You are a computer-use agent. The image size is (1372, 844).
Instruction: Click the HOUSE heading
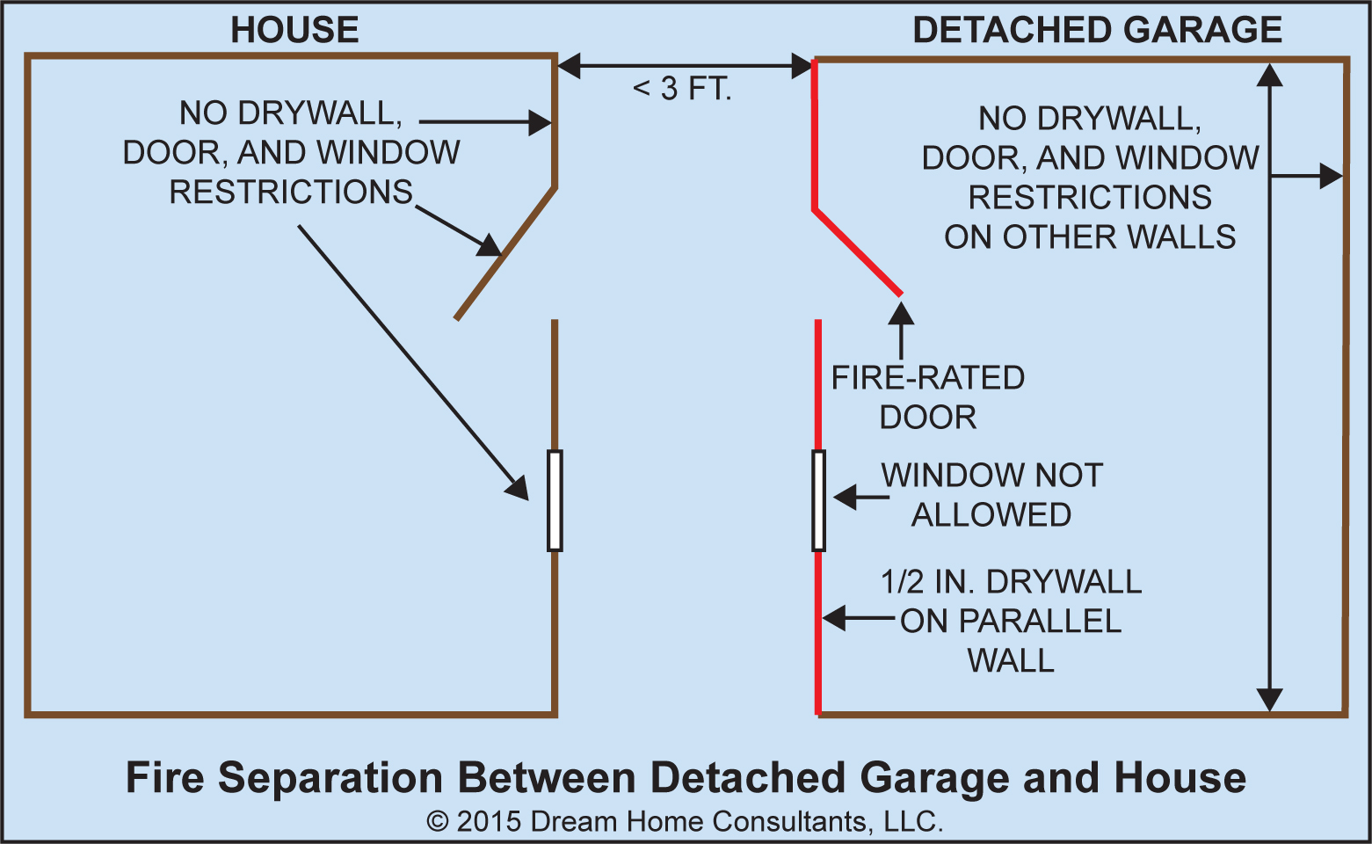pos(294,30)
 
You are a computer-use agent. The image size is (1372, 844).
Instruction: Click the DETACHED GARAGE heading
pos(1097,30)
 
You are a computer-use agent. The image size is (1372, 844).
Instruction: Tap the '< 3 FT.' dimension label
pos(682,89)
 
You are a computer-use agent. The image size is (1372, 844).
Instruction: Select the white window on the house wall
pos(555,500)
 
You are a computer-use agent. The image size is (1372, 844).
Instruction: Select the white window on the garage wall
pos(818,500)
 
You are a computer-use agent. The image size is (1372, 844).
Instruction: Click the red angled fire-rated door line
pos(857,251)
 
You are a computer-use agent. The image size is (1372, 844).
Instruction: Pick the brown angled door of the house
pos(505,253)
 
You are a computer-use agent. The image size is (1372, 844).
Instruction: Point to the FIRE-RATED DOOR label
pos(928,397)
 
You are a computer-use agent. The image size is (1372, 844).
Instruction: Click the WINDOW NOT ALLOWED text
pos(991,495)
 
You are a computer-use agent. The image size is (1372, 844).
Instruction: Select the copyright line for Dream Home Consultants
pos(685,821)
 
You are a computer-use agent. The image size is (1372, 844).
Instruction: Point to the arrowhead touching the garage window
pos(845,498)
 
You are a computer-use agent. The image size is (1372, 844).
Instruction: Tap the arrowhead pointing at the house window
pos(518,487)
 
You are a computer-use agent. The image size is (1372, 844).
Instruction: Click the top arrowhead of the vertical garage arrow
pos(1269,75)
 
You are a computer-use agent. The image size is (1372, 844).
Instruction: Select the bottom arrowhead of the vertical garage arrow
pos(1269,699)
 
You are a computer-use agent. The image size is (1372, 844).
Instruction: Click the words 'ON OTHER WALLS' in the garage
pos(1090,237)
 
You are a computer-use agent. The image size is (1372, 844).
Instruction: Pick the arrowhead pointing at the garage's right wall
pos(1332,176)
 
